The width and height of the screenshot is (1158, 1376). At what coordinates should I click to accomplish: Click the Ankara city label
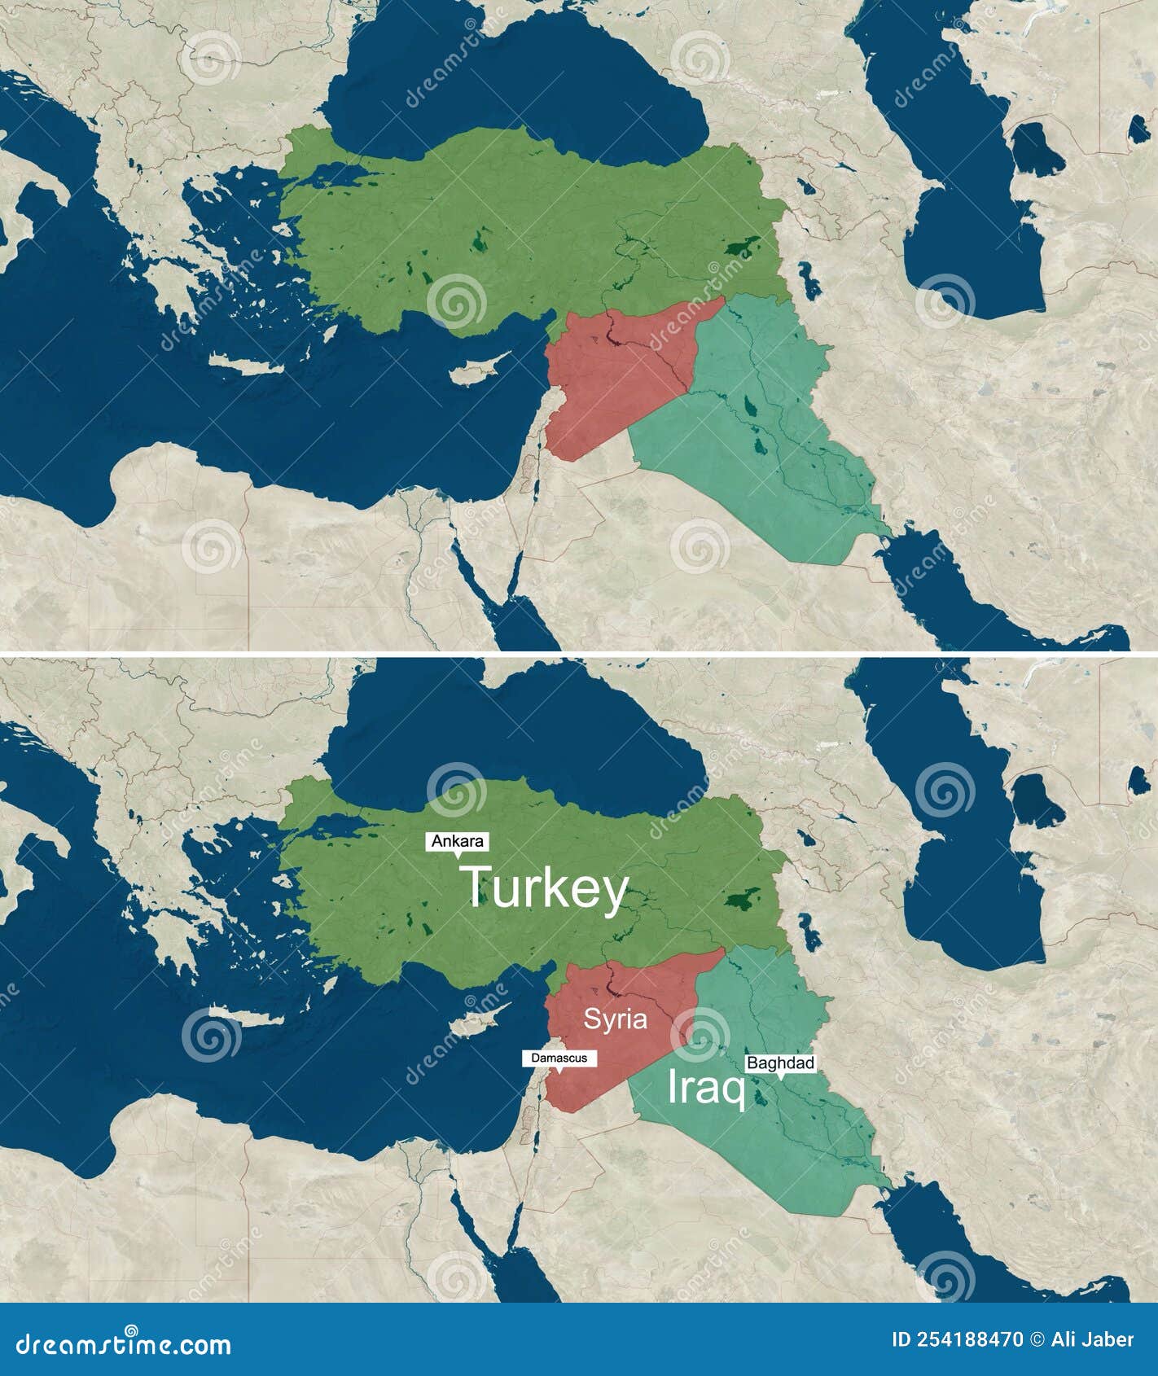coord(457,841)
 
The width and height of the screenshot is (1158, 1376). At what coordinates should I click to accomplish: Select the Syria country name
coord(615,1019)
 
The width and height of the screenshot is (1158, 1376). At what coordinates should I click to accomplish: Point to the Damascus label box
coord(559,1058)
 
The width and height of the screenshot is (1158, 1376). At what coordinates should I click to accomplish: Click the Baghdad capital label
coord(780,1063)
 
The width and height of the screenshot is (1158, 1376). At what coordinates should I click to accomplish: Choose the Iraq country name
coord(706,1089)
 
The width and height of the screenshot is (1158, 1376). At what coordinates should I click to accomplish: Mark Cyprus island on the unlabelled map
coord(478,370)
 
